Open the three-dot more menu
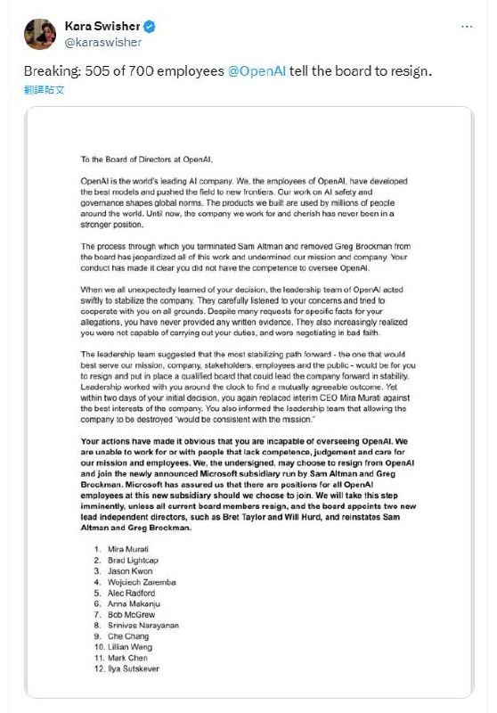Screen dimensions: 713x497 click(x=467, y=27)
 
